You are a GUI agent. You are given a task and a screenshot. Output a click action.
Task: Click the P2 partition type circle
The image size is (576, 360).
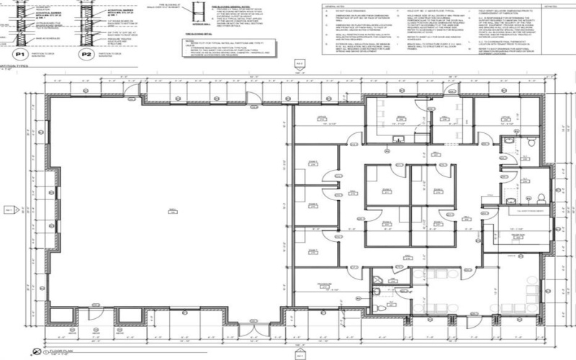click(x=86, y=54)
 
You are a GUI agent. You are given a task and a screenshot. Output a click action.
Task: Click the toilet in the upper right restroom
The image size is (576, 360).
click(x=530, y=143)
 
